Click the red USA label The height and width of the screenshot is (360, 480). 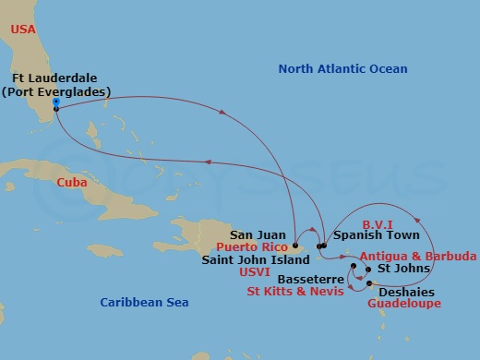pyautogui.click(x=24, y=30)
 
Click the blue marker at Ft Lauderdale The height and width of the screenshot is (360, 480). pyautogui.click(x=56, y=102)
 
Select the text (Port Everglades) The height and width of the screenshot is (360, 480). pyautogui.click(x=57, y=91)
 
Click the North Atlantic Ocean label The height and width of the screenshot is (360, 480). pyautogui.click(x=342, y=68)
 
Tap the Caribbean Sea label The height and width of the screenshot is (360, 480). pyautogui.click(x=144, y=301)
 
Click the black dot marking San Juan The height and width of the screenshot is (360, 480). pyautogui.click(x=294, y=246)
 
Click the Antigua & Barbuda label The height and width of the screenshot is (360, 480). pyautogui.click(x=418, y=256)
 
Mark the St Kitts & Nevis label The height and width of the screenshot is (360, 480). pyautogui.click(x=293, y=291)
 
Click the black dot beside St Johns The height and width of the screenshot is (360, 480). pyautogui.click(x=368, y=270)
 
